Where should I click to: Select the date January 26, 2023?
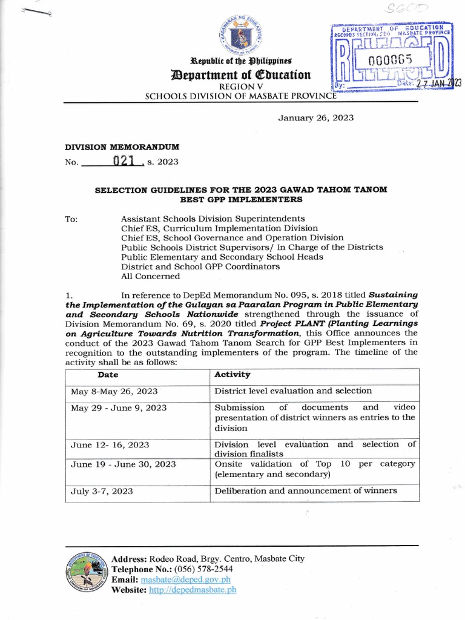coord(315,117)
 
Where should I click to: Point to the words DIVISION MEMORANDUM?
coord(122,147)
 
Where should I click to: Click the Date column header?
coord(108,375)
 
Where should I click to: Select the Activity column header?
coord(232,375)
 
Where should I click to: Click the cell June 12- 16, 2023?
coord(110,444)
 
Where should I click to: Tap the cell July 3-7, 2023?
coord(102,490)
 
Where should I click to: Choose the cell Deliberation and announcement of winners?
coord(306,490)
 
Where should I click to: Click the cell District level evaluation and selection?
coord(293,391)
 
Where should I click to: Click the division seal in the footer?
coord(85,574)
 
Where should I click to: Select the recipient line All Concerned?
coord(150,276)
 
